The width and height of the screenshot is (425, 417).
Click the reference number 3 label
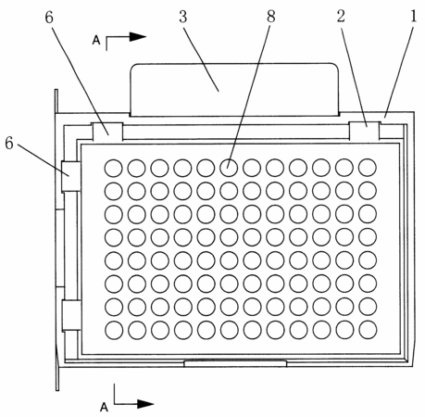coord(183,17)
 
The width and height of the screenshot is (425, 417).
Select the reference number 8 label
coord(270,17)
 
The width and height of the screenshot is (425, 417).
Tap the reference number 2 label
coord(341,17)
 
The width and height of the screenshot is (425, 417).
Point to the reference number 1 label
coord(414,17)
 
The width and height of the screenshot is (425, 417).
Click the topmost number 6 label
coord(49,18)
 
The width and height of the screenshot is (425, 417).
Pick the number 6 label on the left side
coord(9,144)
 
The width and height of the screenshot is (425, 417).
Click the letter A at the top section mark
coord(96,41)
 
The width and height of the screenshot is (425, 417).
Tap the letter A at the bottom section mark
coord(104,407)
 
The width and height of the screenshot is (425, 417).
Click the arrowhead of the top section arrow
coord(137,37)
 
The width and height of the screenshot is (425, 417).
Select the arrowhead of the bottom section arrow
coord(145,404)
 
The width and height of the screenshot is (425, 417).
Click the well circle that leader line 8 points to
coord(229,168)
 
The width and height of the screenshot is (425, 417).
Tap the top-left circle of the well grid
coord(113,168)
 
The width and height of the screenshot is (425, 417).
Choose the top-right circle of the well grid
coord(368,168)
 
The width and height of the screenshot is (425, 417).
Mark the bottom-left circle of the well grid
coord(114,330)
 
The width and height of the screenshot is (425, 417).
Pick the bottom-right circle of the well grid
coord(368,330)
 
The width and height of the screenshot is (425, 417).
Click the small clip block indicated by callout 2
coord(364,131)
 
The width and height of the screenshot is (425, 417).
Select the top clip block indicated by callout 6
coord(107,132)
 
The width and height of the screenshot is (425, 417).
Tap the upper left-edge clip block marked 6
coord(71,176)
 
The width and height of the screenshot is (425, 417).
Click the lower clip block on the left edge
coord(71,315)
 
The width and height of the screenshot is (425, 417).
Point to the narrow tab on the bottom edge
coord(235,363)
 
